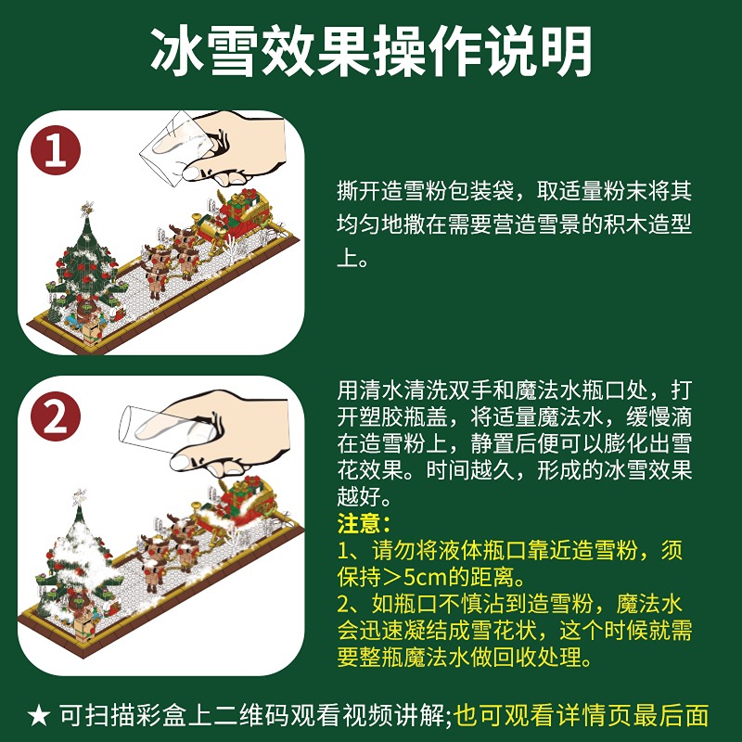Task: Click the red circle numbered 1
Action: point(56,150)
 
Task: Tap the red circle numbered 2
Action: point(56,416)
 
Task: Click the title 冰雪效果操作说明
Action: point(372,51)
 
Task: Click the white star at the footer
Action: point(39,715)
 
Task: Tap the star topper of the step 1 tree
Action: point(86,208)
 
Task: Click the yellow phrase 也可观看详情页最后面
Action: point(582,715)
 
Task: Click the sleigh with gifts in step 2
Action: point(237,506)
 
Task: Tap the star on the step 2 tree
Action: point(79,497)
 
